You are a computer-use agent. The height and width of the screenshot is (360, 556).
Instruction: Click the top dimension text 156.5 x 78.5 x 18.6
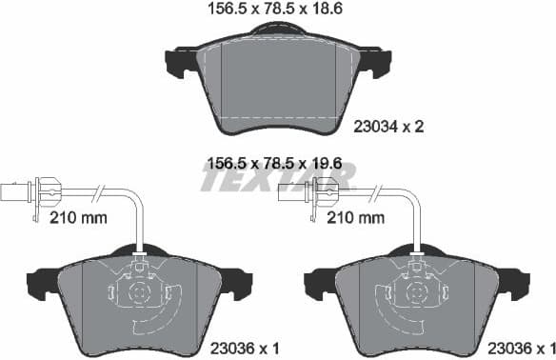pos(276,10)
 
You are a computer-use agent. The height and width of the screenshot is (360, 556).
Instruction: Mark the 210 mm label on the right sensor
pos(356,217)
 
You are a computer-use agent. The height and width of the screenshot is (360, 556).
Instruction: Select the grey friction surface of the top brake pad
pos(276,81)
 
